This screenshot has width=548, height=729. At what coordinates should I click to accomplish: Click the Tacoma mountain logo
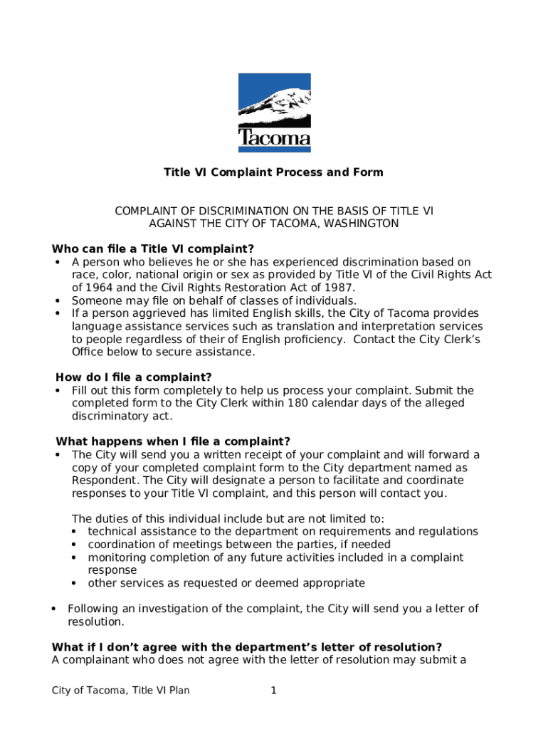coord(274,112)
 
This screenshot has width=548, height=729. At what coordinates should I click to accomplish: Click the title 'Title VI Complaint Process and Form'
coord(273,172)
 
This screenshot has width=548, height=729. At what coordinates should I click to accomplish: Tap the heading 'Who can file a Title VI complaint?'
coord(153,249)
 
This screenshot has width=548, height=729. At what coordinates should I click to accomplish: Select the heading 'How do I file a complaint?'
coord(134,377)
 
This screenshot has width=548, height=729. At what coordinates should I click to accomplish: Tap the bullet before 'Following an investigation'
coord(54,609)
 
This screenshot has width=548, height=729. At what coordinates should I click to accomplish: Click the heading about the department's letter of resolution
coord(247,647)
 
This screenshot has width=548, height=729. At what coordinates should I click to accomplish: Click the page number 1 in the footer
coord(273,690)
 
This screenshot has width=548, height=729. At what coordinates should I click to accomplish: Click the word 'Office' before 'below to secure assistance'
coord(88,352)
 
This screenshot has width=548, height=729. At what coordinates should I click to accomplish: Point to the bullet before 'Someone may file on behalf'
coord(57,300)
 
